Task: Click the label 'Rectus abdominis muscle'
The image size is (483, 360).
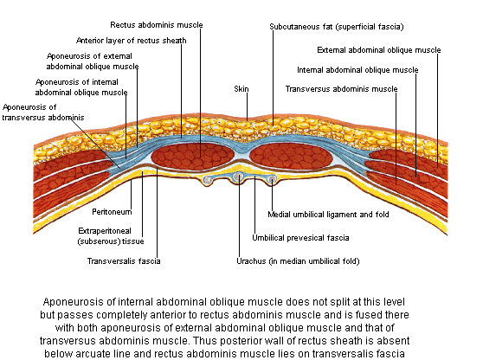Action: tap(157, 25)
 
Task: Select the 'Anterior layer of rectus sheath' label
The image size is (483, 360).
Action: tap(132, 41)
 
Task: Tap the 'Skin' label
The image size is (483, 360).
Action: tap(241, 89)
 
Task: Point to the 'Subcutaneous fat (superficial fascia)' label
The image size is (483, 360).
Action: tap(337, 27)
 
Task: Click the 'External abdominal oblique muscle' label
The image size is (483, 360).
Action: tap(379, 50)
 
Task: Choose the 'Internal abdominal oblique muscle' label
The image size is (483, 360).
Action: tap(357, 70)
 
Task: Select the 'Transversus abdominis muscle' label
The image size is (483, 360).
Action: tap(341, 89)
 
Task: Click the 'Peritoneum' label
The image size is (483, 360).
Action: tap(112, 212)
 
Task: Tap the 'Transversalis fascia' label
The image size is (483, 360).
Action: tap(124, 261)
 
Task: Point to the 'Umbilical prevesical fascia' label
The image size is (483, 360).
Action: tap(300, 238)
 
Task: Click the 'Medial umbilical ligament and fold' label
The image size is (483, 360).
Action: tap(328, 215)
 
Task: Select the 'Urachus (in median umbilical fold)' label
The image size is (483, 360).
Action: tap(298, 261)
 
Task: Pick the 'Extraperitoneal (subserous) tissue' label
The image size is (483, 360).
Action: tap(111, 236)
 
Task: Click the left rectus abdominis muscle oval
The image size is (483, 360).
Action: tap(192, 156)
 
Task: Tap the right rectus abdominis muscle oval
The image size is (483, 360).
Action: tap(291, 156)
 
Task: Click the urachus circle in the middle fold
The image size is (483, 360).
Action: tap(238, 177)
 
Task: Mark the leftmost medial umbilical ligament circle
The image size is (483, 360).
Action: tap(208, 179)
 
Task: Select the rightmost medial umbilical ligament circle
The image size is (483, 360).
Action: tap(272, 179)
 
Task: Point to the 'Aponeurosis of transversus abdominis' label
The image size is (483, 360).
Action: tap(43, 112)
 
